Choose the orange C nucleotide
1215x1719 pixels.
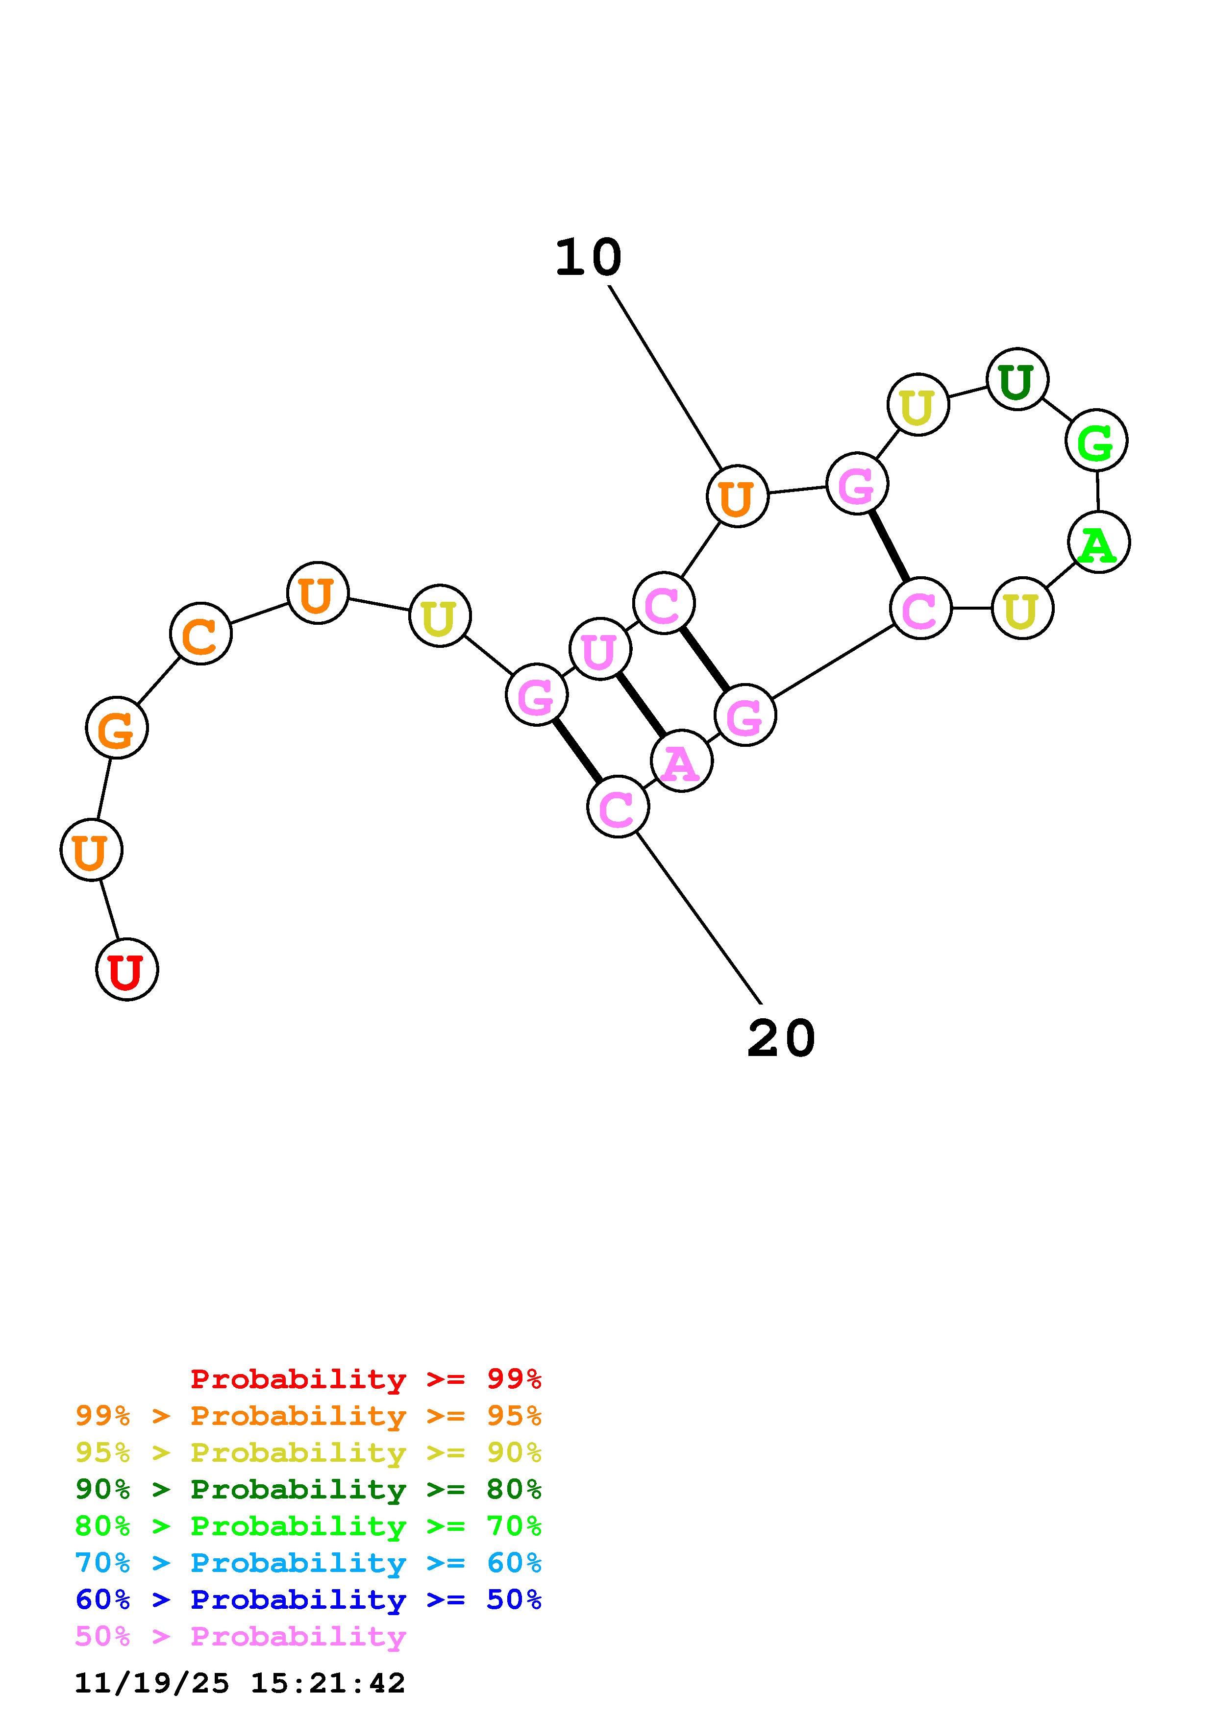pyautogui.click(x=200, y=634)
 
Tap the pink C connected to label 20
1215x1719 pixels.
pyautogui.click(x=618, y=807)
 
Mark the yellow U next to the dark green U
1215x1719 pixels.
pyautogui.click(x=918, y=405)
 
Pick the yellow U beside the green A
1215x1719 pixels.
pyautogui.click(x=1022, y=608)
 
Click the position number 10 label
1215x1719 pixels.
pyautogui.click(x=589, y=258)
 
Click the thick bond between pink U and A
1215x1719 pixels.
pyautogui.click(x=640, y=705)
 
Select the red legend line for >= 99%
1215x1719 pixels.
pyautogui.click(x=366, y=1378)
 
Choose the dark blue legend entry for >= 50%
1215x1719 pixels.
pyautogui.click(x=308, y=1599)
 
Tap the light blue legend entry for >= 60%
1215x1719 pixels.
pyautogui.click(x=308, y=1563)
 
